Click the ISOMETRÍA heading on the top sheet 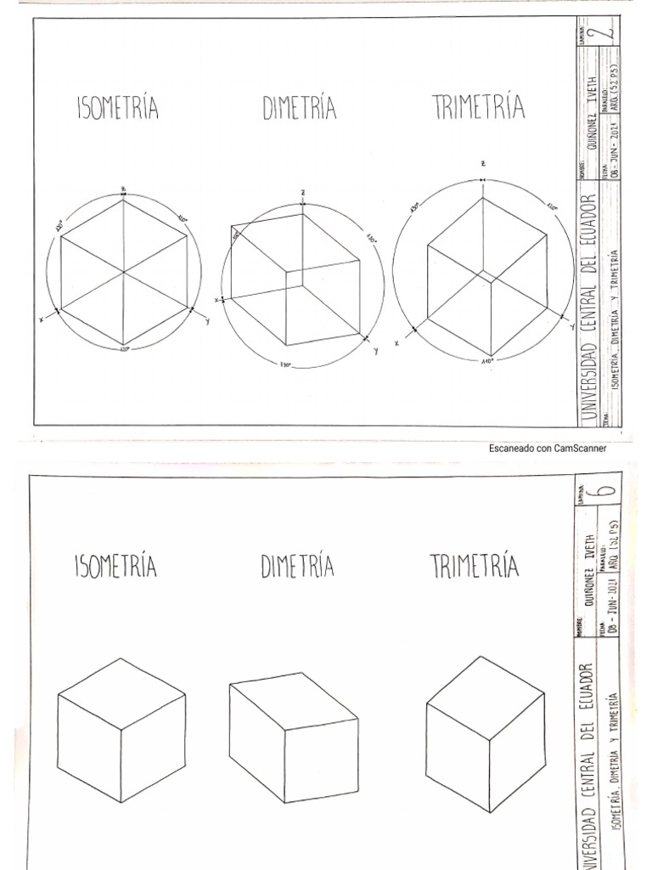click(x=118, y=110)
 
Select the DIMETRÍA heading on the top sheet click(x=299, y=109)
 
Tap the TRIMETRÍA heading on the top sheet click(x=478, y=108)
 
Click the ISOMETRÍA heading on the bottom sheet click(x=116, y=565)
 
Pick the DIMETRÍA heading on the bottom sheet click(x=297, y=565)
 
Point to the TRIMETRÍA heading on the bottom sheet click(x=475, y=565)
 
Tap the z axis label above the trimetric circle click(x=482, y=162)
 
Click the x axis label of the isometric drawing click(x=41, y=319)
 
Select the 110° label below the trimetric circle click(x=486, y=362)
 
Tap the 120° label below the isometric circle click(x=125, y=349)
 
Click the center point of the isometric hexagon click(x=125, y=272)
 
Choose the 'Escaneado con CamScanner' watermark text click(x=548, y=449)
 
